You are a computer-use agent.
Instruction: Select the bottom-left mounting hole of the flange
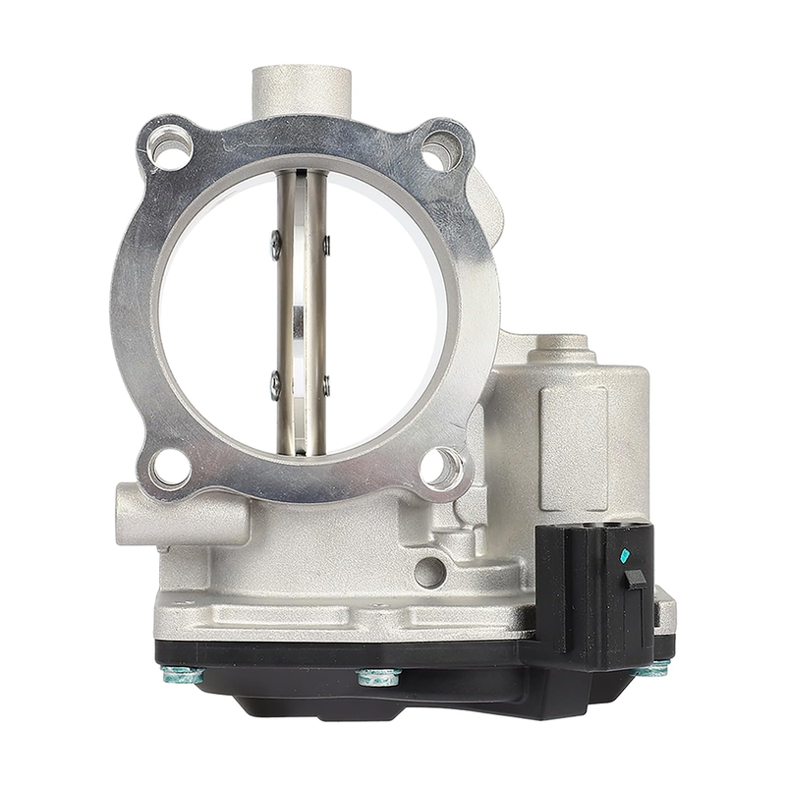(x=169, y=468)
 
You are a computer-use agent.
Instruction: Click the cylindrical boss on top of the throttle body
(x=301, y=89)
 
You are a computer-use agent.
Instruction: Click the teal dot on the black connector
(x=625, y=555)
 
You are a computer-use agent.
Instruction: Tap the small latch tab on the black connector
(x=637, y=579)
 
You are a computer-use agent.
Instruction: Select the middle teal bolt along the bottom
(x=379, y=677)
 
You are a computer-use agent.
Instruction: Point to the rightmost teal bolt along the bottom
(x=653, y=669)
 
